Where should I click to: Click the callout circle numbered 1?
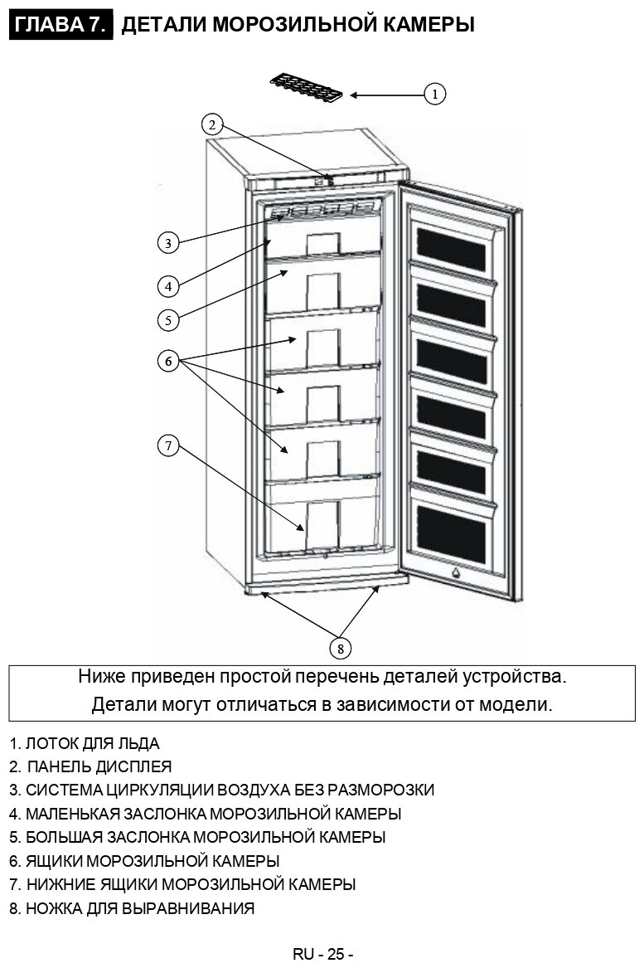(436, 94)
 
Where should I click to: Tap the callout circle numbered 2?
(212, 124)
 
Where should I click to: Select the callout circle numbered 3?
(167, 243)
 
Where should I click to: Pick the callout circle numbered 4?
(167, 286)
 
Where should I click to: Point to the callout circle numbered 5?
(167, 319)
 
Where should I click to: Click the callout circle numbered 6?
(167, 361)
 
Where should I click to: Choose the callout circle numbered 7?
(167, 445)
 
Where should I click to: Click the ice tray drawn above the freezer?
(306, 86)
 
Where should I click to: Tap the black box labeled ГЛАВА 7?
(61, 26)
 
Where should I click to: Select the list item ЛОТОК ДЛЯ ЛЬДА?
(92, 744)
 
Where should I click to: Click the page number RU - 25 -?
(323, 954)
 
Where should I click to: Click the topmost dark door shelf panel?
(451, 249)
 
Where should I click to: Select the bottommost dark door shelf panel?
(451, 533)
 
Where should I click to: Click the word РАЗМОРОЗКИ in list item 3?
(380, 790)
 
